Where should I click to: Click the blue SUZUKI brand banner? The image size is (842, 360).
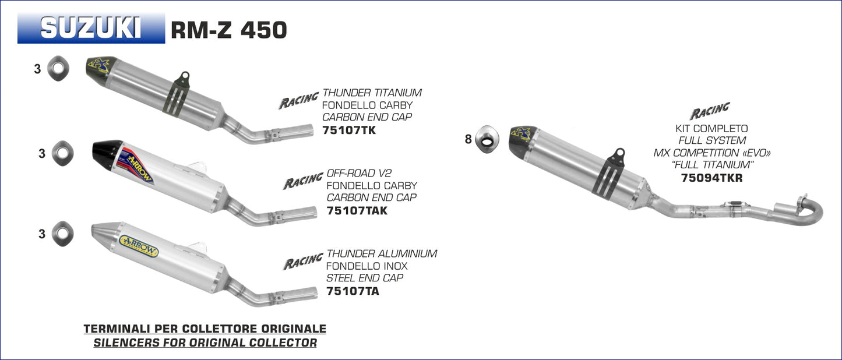point(91,28)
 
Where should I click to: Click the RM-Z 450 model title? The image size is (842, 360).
point(229,30)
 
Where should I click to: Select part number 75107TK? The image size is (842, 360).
point(349,130)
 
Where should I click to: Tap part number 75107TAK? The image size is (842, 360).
point(357,210)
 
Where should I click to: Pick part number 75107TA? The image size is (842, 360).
point(353,291)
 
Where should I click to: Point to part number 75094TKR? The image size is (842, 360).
point(711,178)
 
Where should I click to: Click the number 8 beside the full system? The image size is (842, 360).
point(468,139)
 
